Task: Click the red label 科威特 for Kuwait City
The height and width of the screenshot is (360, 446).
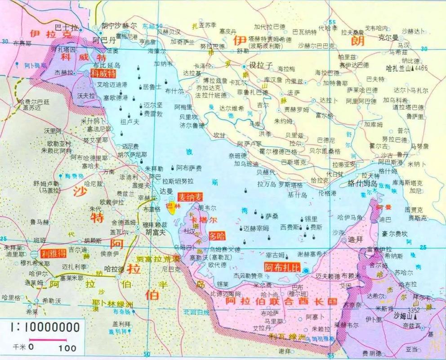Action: [x=103, y=73]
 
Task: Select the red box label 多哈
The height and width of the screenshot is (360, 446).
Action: [x=217, y=236]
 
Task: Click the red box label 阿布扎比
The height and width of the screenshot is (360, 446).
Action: [x=282, y=266]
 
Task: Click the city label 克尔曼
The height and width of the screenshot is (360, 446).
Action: [x=388, y=38]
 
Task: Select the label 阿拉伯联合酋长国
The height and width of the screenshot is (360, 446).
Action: [x=281, y=300]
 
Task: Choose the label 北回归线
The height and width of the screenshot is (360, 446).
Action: [x=196, y=312]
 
